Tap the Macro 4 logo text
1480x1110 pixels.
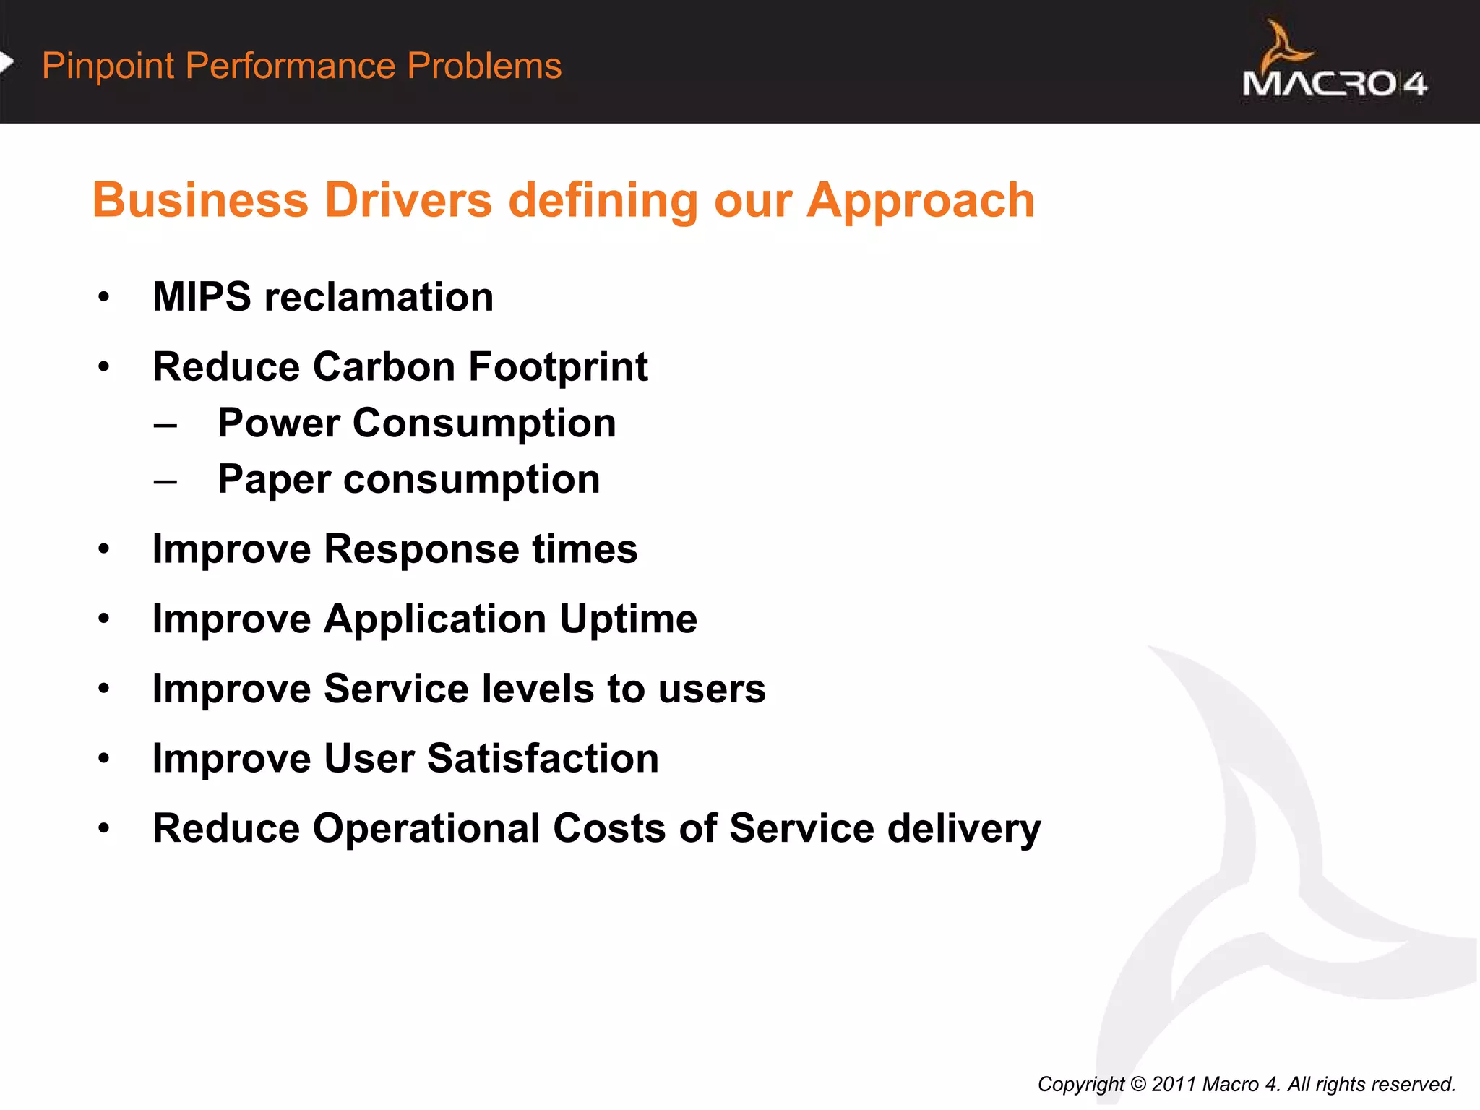coord(1334,84)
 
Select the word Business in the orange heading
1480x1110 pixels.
coord(201,200)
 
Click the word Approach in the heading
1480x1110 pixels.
coord(921,200)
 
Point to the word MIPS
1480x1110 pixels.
coord(202,297)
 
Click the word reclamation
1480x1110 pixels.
coord(379,297)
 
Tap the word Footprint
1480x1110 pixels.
coord(558,366)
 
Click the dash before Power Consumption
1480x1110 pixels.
coord(165,425)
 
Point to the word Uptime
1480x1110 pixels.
coord(628,619)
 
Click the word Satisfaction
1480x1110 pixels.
coord(543,759)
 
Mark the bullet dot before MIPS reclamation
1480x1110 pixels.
coord(104,297)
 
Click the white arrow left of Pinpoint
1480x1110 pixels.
coord(7,63)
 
